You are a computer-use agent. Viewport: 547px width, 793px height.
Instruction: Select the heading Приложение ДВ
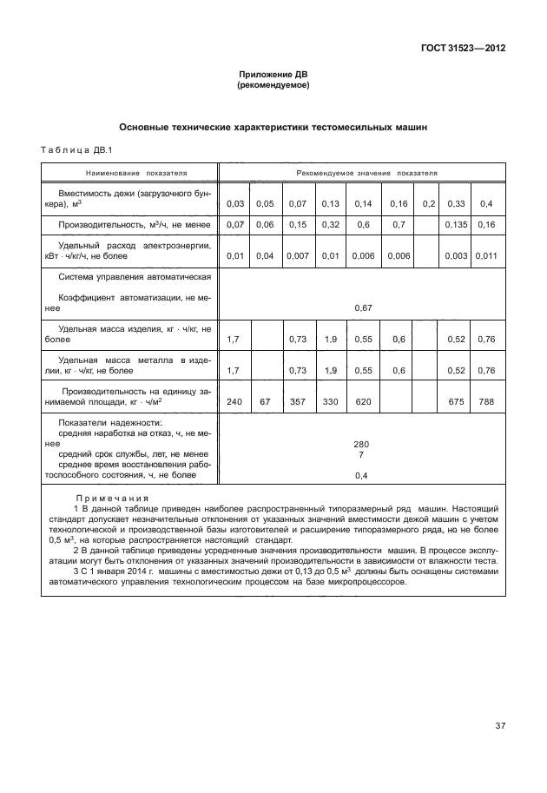(273, 75)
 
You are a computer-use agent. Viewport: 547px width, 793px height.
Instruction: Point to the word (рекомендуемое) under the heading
(273, 86)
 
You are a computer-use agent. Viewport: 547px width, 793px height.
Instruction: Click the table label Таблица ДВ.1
(72, 151)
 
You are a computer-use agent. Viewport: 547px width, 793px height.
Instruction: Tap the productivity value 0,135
(455, 225)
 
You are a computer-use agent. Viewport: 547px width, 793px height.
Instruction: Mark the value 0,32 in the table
(329, 225)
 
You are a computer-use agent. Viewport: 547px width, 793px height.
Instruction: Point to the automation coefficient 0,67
(363, 307)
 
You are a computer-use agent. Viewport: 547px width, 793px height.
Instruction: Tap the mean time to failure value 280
(362, 443)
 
